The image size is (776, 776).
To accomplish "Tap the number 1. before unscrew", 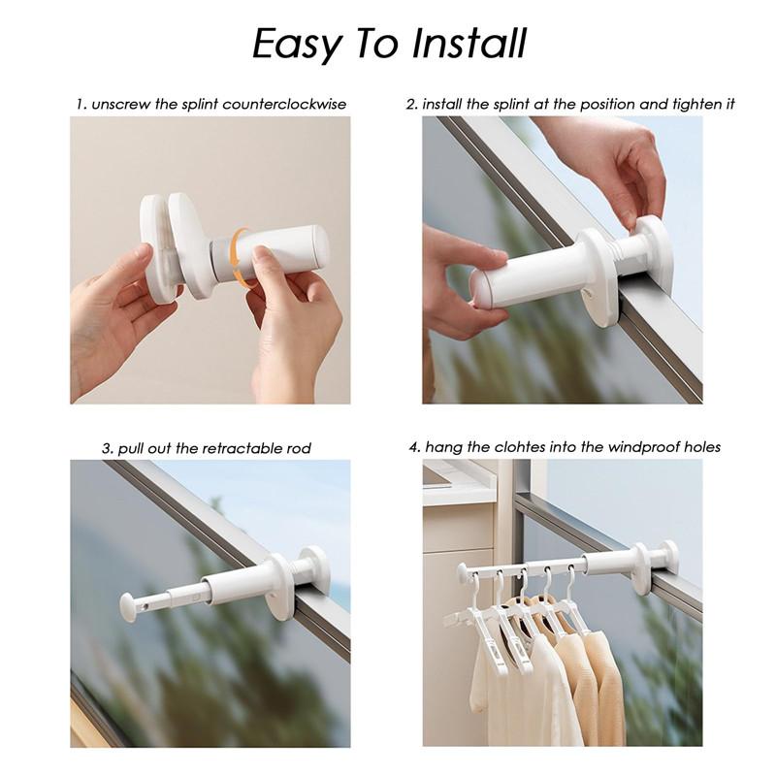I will pos(81,104).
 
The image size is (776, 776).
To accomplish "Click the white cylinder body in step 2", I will pos(524,272).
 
